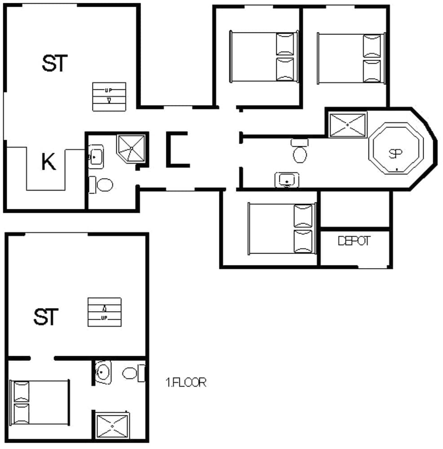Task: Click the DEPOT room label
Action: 354,241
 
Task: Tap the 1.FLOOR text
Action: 186,383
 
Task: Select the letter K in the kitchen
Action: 49,162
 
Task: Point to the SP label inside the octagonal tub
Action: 395,154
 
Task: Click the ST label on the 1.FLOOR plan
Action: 46,317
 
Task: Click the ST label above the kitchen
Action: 54,63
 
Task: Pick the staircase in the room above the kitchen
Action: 109,96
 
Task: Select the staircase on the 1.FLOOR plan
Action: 104,312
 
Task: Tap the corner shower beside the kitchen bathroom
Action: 131,147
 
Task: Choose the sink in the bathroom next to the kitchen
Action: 96,156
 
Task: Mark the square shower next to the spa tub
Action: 348,124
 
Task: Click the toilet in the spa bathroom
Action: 299,151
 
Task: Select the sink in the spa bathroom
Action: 287,180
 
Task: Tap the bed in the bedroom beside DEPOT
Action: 281,229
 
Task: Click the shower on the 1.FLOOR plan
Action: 111,425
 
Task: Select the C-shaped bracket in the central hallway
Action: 176,150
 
